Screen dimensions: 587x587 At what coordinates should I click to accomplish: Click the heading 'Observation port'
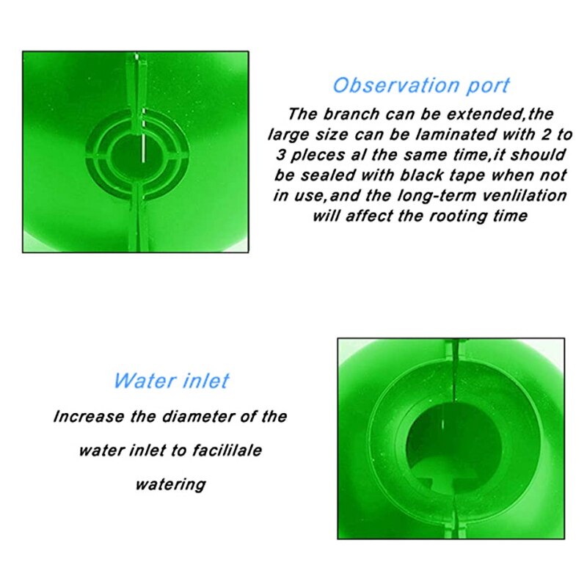point(421,86)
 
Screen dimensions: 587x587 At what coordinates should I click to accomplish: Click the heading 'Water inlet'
point(171,381)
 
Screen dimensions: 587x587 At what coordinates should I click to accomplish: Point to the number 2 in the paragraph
point(547,134)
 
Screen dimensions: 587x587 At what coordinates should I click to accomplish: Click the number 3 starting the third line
point(281,155)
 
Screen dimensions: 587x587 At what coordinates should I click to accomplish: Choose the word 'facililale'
point(227,451)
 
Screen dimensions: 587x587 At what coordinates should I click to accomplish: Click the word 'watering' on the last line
point(171,484)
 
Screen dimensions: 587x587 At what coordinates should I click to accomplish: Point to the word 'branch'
point(351,114)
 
